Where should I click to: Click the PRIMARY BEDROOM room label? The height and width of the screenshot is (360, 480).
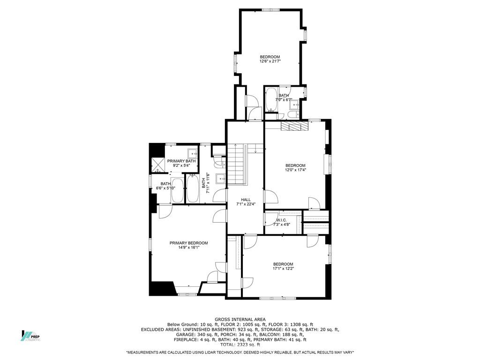pyautogui.click(x=188, y=243)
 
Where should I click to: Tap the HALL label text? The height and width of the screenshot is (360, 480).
pyautogui.click(x=246, y=200)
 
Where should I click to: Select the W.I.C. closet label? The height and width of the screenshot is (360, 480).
pyautogui.click(x=281, y=220)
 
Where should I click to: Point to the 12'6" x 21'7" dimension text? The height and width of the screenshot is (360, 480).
pyautogui.click(x=270, y=61)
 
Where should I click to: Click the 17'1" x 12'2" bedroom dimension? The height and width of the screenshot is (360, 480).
pyautogui.click(x=283, y=269)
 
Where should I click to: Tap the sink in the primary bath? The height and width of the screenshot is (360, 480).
pyautogui.click(x=192, y=153)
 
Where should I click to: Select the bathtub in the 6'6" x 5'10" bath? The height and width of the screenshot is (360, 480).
pyautogui.click(x=177, y=190)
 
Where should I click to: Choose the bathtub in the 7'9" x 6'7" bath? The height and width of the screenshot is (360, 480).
pyautogui.click(x=271, y=99)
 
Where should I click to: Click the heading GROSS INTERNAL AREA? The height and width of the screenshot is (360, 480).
pyautogui.click(x=240, y=319)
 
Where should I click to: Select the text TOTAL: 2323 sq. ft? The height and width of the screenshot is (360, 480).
pyautogui.click(x=240, y=344)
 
